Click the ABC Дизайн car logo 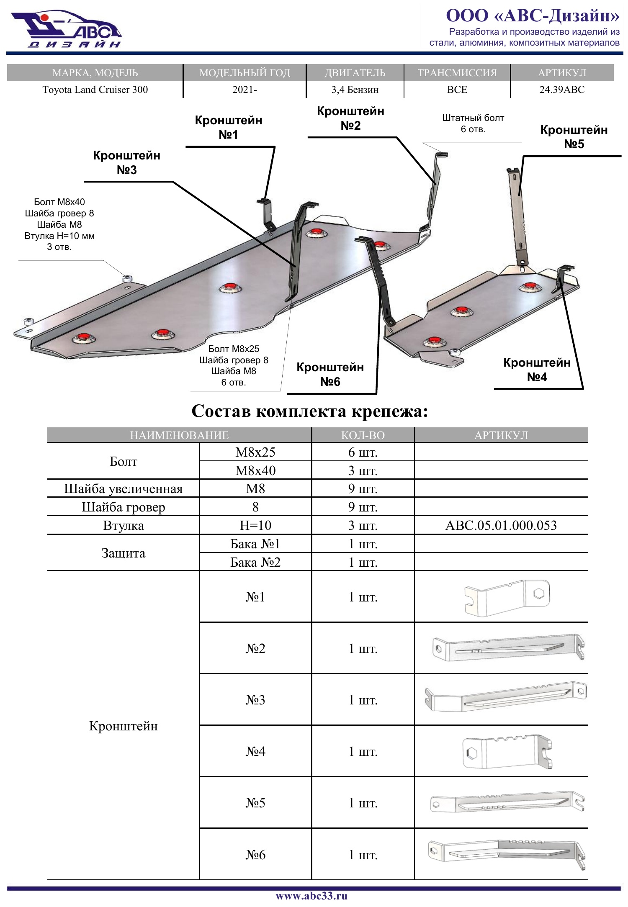coord(66,28)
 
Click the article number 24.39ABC coord(562,90)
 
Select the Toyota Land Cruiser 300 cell coord(95,90)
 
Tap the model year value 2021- coord(245,90)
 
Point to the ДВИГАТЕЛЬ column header coord(355,73)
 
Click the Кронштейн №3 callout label coord(126,162)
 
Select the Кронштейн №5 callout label coord(574,137)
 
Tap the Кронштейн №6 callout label coord(330,374)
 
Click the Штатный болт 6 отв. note coord(473,123)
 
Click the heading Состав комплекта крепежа coord(310,411)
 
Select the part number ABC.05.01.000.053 coord(501,525)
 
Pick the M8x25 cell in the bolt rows coord(255,452)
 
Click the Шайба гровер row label coord(123,507)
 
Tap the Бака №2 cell coord(255,562)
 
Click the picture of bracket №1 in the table coord(507,597)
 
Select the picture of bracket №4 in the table coord(507,752)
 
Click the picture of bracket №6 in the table coord(507,854)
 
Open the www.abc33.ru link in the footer coord(311,896)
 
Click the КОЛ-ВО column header coord(363,435)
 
